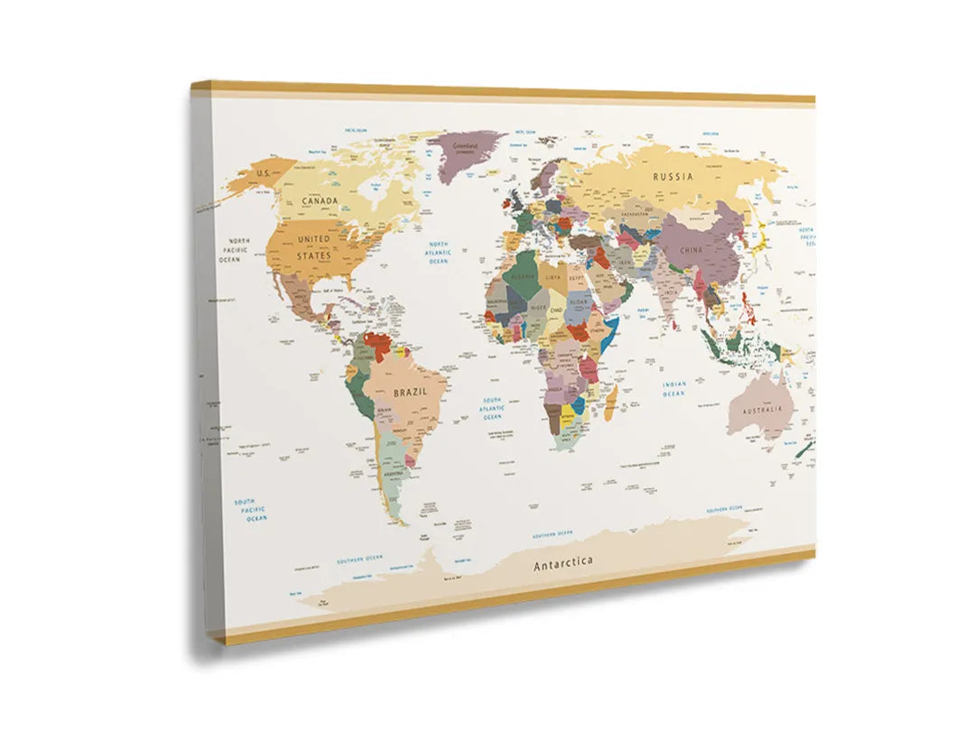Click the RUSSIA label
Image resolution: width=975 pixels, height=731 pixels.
[673, 177]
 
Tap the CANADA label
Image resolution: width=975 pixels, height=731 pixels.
[320, 200]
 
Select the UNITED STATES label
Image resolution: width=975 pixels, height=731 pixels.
[314, 247]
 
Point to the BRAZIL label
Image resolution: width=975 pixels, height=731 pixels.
[410, 393]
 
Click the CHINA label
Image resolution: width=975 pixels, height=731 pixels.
[692, 249]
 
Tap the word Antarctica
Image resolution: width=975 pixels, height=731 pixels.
[563, 563]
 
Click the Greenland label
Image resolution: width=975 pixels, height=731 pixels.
[465, 145]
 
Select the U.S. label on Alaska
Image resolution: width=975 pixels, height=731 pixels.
[264, 172]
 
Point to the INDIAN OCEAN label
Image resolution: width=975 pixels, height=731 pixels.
[673, 389]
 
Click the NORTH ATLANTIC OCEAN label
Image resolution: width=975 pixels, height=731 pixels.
[439, 252]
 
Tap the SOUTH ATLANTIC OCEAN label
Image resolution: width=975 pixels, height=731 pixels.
[492, 409]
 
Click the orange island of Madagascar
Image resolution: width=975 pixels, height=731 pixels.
[610, 396]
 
